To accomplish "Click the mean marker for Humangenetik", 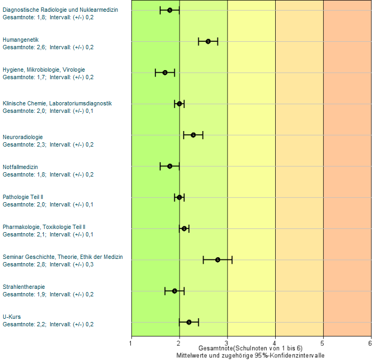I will click(208, 42).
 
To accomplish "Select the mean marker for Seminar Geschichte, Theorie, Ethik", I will click(217, 260).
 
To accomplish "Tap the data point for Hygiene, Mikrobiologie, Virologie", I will click(165, 73).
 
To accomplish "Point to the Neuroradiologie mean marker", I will click(193, 135).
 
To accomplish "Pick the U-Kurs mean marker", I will click(189, 322).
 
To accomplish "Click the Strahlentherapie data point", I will click(174, 291).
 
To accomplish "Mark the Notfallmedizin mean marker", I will click(170, 166).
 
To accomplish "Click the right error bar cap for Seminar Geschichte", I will click(232, 260).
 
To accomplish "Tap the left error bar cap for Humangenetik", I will click(198, 42).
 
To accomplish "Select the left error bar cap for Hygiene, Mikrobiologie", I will click(155, 73).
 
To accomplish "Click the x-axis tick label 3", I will click(227, 342).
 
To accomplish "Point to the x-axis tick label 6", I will click(370, 342).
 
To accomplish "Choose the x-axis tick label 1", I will click(131, 342).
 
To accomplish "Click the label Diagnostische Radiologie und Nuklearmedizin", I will click(60, 10).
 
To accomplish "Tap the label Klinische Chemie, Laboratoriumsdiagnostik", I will click(57, 103).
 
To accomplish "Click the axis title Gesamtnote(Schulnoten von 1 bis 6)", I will click(251, 348).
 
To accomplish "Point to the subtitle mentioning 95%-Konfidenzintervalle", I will click(251, 355).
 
